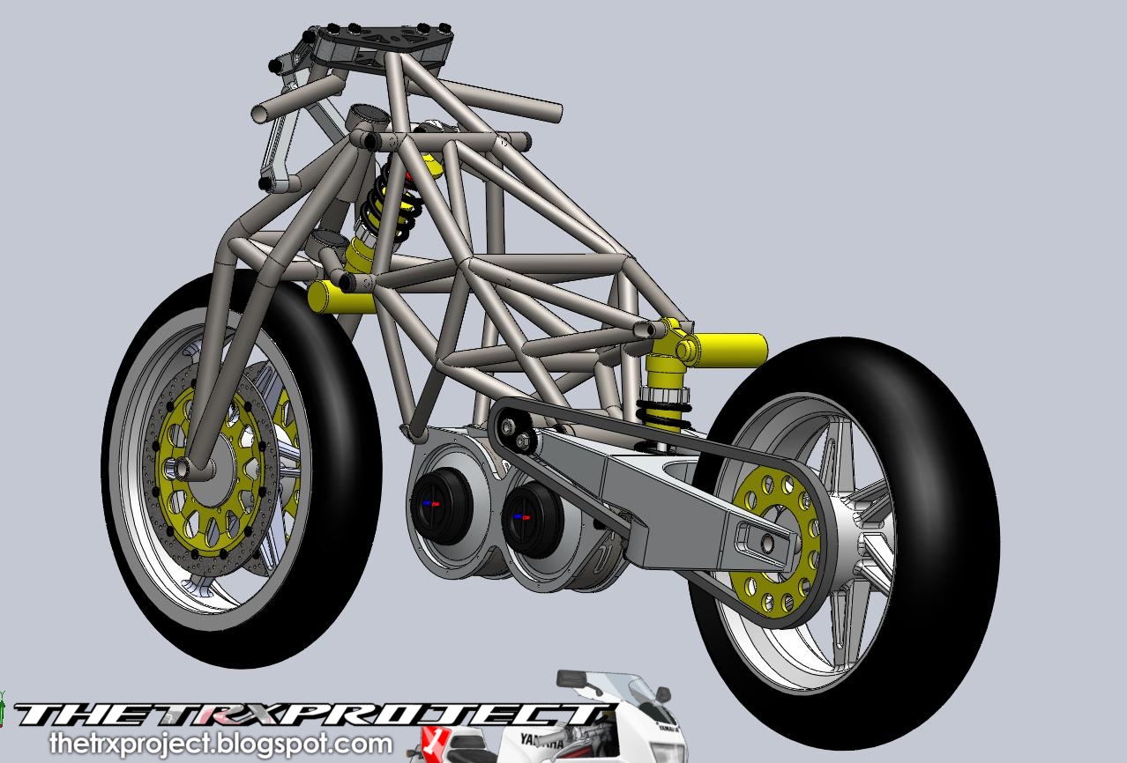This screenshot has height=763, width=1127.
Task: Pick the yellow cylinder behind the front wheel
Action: [x=340, y=298]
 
